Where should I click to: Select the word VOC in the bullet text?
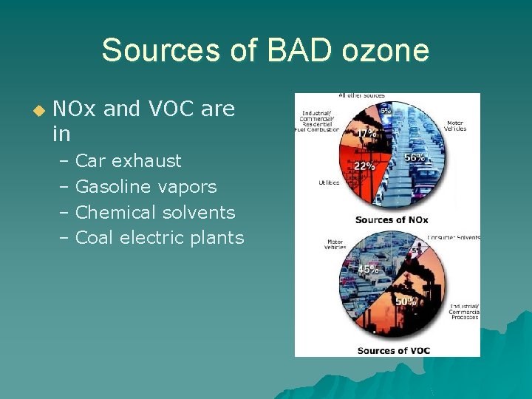(x=171, y=109)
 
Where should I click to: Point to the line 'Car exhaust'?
(x=129, y=160)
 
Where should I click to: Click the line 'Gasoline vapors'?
(x=146, y=186)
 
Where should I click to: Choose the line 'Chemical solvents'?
(x=155, y=212)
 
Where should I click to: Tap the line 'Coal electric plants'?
(x=160, y=237)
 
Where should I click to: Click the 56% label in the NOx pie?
(x=414, y=157)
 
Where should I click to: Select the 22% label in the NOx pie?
(x=364, y=166)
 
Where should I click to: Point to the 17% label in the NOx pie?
(x=365, y=134)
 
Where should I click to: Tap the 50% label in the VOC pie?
(x=406, y=301)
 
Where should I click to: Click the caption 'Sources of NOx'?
(x=392, y=219)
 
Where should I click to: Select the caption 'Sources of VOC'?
(x=394, y=349)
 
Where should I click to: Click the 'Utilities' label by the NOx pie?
(x=328, y=182)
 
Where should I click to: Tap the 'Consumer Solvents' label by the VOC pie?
(x=454, y=237)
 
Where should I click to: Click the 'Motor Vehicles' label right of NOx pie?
(x=455, y=126)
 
